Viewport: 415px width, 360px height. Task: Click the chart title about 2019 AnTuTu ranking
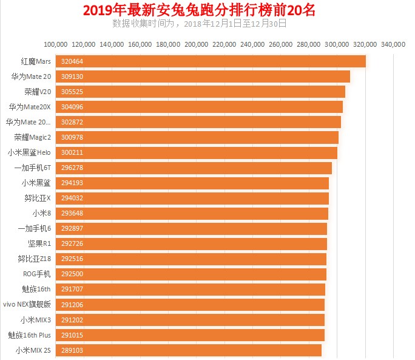199,10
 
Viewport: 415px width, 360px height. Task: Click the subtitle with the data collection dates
199,24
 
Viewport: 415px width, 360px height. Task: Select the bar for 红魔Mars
211,61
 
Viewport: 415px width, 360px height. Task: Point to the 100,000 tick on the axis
56,44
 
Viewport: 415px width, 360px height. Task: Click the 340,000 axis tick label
393,44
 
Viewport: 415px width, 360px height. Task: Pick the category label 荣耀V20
38,92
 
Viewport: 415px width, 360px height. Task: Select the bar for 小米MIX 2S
188,350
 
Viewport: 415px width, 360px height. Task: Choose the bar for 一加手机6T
194,168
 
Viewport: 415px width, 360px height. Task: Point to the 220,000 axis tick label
224,44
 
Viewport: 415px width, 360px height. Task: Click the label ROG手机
38,274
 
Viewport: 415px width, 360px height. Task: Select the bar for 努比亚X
192,199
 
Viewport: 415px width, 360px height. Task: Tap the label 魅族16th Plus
30,335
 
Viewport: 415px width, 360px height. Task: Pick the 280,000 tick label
309,44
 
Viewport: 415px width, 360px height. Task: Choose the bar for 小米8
192,214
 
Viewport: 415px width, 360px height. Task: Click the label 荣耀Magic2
33,138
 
